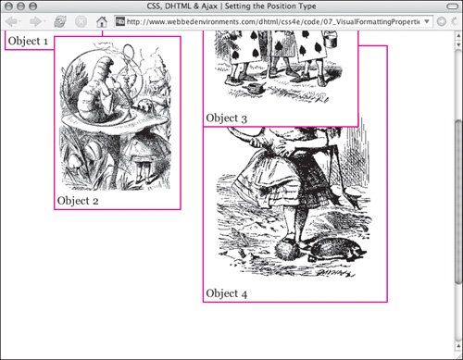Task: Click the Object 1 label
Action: pos(28,41)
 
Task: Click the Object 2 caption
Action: pos(78,201)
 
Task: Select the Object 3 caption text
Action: pos(227,118)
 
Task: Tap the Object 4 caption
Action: pos(227,293)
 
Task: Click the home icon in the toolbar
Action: pos(102,21)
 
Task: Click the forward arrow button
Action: pos(36,21)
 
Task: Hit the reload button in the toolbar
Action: pos(60,21)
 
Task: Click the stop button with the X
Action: pos(81,21)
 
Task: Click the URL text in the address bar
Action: pos(273,21)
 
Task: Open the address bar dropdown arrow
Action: pos(427,21)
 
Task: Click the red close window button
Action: pos(9,6)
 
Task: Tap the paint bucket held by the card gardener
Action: pos(331,39)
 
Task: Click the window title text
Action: pos(231,6)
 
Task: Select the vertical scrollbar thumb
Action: pos(458,201)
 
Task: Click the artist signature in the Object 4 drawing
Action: pos(335,272)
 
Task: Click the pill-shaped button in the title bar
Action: pos(453,6)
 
